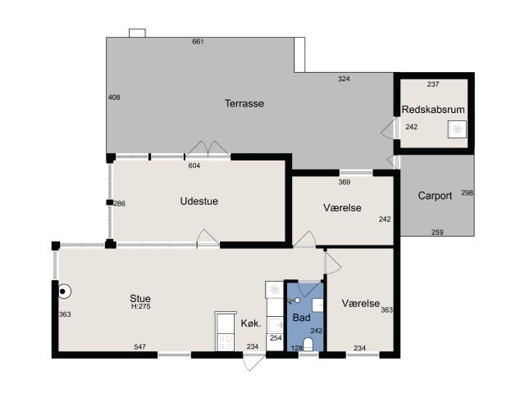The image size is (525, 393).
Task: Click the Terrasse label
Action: [x=244, y=104]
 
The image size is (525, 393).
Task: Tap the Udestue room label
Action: [x=199, y=201]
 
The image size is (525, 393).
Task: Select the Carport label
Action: [x=435, y=196]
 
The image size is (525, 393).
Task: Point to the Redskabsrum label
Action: [x=433, y=110]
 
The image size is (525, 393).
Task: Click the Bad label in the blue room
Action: [x=301, y=318]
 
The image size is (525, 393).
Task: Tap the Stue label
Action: [x=140, y=298]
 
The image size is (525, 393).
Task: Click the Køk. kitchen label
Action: [x=251, y=323]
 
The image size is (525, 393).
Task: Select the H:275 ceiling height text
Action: [x=140, y=306]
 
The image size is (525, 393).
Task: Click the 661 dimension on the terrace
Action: [x=198, y=42]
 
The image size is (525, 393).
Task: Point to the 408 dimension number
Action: [x=114, y=97]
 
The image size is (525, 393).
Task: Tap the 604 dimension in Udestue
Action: [x=194, y=165]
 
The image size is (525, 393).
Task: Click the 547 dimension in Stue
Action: [x=139, y=347]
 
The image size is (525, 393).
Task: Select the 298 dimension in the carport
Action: [x=467, y=193]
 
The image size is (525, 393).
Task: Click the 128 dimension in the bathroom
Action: [x=297, y=348]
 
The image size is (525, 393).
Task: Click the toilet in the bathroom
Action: [x=308, y=344]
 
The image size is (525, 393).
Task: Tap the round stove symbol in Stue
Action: [x=64, y=291]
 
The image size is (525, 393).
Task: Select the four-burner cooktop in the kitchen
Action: [x=225, y=342]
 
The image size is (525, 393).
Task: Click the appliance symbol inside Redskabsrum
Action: [x=457, y=129]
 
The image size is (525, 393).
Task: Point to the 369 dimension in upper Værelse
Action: [x=345, y=182]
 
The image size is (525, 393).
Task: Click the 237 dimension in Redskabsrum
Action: [x=433, y=84]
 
